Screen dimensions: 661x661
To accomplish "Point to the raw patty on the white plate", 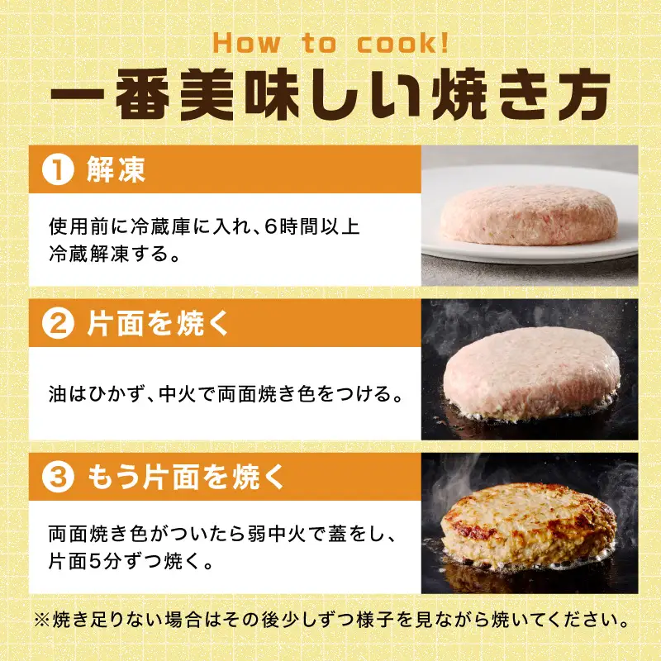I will coord(530,217).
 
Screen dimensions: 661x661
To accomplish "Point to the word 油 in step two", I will coord(57,393).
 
